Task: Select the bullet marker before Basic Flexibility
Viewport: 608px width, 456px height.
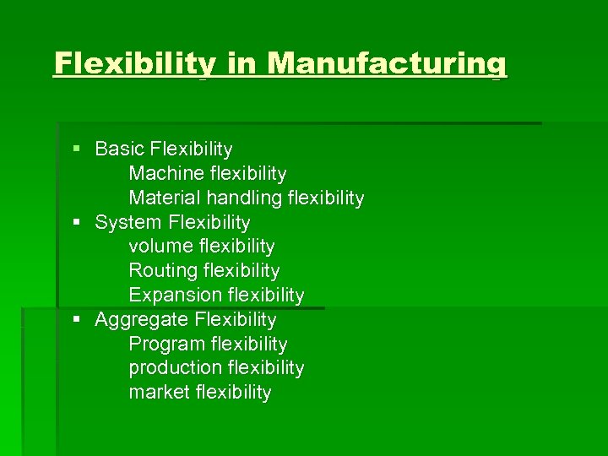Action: pos(77,149)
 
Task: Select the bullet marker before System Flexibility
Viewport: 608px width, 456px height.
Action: pos(77,223)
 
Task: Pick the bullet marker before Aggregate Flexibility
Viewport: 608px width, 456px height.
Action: pos(77,320)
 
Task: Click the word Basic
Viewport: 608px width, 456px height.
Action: pos(119,149)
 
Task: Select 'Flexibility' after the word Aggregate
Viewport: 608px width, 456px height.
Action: pos(235,320)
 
